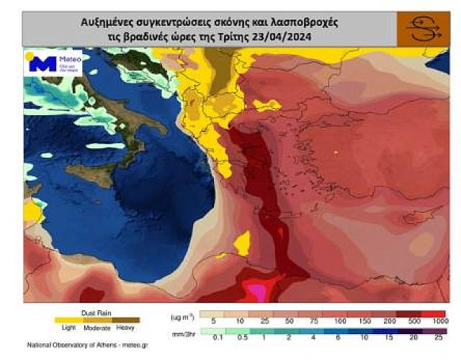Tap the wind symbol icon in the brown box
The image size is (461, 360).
click(424, 30)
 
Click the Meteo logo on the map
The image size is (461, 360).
click(53, 63)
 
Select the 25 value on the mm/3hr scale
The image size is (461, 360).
click(437, 337)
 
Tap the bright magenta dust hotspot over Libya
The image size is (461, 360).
click(256, 291)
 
